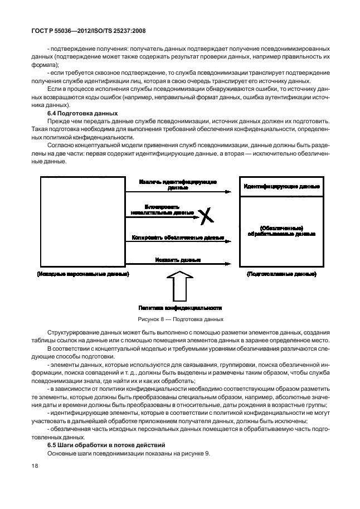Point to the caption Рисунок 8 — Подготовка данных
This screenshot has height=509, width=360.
pyautogui.click(x=180, y=319)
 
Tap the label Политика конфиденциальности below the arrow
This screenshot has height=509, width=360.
pyautogui.click(x=180, y=307)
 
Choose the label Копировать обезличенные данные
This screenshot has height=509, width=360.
pyautogui.click(x=178, y=237)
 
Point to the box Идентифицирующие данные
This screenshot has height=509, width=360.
pyautogui.click(x=281, y=186)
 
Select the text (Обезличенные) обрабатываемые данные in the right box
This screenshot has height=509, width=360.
pyautogui.click(x=281, y=231)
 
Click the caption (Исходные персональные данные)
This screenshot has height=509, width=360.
pyautogui.click(x=82, y=275)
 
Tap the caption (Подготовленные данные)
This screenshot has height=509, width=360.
pyautogui.click(x=281, y=275)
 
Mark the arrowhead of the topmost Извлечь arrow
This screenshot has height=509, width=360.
pyautogui.click(x=228, y=192)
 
